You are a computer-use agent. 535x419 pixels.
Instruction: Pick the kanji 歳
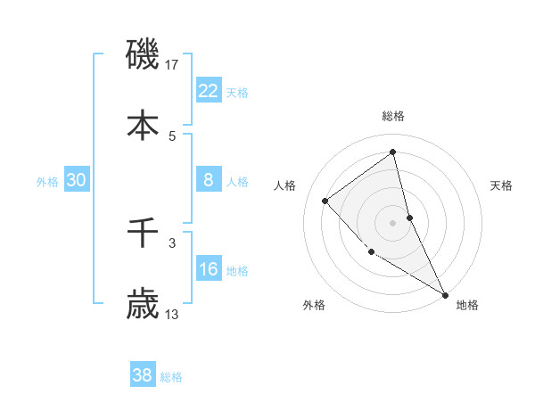143,305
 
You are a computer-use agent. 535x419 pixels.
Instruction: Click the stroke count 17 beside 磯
173,64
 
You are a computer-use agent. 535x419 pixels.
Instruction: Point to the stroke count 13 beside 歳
173,315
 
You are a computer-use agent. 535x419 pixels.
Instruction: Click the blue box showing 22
208,91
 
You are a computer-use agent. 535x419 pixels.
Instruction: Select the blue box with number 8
208,180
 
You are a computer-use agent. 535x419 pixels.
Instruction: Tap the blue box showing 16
208,269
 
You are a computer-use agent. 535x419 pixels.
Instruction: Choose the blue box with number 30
77,180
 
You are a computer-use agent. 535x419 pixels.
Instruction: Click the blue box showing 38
142,375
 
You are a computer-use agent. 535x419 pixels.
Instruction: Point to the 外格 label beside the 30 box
47,182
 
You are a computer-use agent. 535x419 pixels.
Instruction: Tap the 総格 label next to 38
171,377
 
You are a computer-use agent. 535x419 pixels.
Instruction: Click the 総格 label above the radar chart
393,116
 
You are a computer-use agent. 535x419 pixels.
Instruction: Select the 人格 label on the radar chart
284,185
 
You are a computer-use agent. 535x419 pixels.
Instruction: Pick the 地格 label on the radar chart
467,306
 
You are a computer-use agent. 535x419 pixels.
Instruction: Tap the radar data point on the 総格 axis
393,152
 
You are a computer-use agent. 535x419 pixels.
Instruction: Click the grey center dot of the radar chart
393,222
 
